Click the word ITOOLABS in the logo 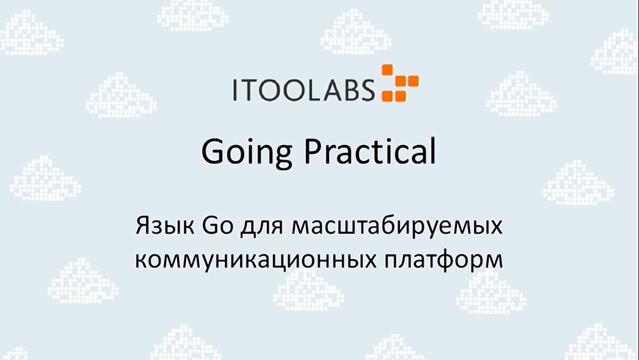tap(303, 90)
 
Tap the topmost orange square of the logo tap(387, 70)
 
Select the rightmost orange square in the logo tap(413, 81)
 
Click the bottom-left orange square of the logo tap(387, 95)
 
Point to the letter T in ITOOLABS tap(250, 90)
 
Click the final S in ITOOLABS tap(366, 90)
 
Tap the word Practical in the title tap(369, 152)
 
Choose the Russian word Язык tap(166, 228)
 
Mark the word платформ tap(438, 261)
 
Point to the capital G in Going tap(213, 152)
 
